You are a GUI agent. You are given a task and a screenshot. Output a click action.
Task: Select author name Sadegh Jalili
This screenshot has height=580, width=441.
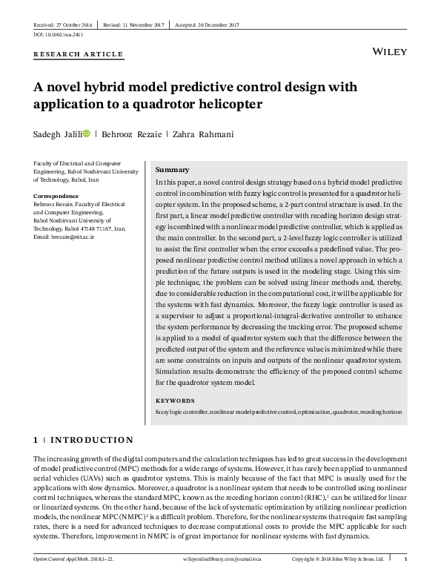[58, 134]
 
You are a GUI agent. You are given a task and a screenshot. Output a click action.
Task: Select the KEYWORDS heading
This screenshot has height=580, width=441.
[175, 400]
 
